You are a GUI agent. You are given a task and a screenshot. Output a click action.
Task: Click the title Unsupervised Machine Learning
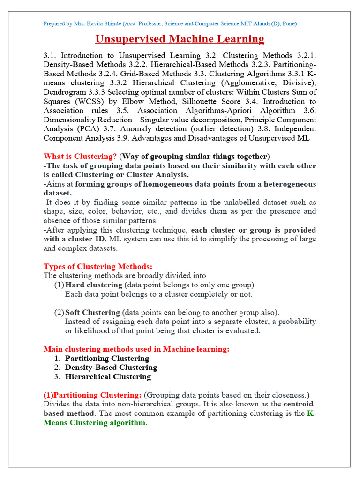click(180, 38)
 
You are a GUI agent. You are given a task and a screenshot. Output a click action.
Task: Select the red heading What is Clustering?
click(80, 156)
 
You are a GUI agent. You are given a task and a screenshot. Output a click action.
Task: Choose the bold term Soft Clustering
click(93, 312)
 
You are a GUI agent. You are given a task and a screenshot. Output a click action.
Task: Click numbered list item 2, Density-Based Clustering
click(111, 367)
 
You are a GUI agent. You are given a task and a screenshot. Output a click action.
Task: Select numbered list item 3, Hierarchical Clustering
click(108, 376)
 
